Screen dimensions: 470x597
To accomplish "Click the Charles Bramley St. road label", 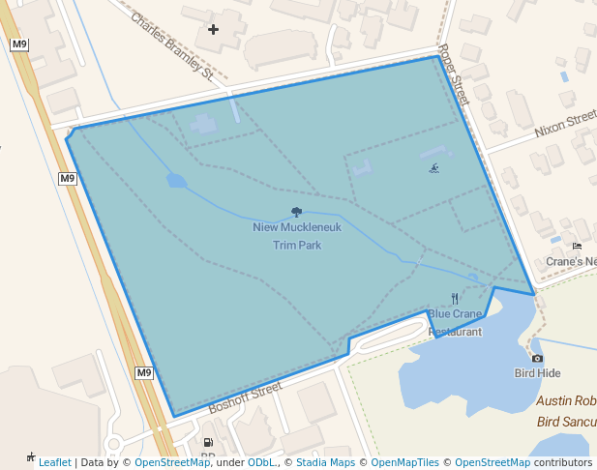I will tap(172, 44).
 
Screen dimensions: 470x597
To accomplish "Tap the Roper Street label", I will tap(453, 74).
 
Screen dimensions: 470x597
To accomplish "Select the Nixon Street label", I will tap(565, 124).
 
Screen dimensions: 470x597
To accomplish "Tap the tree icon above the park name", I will tap(296, 212).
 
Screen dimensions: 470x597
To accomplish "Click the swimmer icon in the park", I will tap(434, 169).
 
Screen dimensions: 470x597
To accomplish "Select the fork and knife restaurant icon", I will tap(455, 299).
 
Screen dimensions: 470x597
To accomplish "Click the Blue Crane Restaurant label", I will tap(455, 322).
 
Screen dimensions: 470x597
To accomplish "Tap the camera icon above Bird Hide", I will tap(538, 358).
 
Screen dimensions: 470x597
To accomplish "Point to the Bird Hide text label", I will tap(538, 373).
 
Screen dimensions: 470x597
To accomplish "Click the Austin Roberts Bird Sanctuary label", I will tap(566, 411).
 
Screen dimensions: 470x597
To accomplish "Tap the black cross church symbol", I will tap(214, 29).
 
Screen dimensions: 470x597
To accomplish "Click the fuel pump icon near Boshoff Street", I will tap(208, 442).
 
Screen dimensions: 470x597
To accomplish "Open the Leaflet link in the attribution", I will tap(54, 462).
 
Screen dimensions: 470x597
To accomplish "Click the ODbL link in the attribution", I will tap(261, 462).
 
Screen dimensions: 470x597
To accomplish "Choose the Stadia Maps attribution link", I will tap(324, 462).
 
